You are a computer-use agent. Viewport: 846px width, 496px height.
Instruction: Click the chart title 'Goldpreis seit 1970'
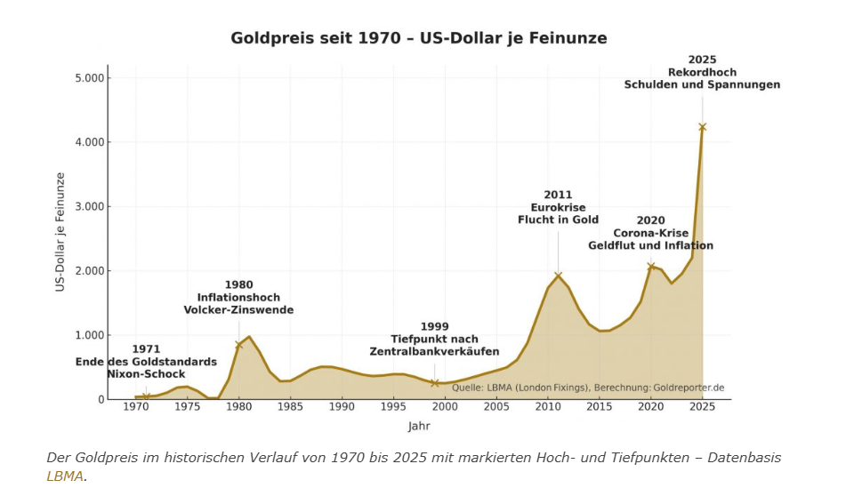click(419, 38)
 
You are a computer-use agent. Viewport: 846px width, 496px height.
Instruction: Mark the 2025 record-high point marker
click(702, 127)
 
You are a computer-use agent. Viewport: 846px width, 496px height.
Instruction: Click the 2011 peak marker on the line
click(558, 276)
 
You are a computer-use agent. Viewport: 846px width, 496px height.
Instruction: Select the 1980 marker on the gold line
click(238, 345)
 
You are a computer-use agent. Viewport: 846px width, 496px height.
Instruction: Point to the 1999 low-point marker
click(435, 383)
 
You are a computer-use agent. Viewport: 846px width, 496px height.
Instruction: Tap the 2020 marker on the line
click(651, 266)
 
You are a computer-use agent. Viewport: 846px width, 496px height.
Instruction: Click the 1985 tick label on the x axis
click(290, 407)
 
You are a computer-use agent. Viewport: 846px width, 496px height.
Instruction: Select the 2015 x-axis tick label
click(600, 407)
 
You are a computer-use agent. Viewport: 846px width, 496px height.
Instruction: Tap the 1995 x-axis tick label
click(393, 407)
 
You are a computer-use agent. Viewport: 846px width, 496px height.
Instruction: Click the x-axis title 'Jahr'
click(419, 426)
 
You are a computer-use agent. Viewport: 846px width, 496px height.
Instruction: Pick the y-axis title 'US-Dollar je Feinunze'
click(60, 232)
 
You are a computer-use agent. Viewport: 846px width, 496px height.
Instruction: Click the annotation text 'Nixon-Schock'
click(146, 374)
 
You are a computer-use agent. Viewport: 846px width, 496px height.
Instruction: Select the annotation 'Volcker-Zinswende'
click(238, 310)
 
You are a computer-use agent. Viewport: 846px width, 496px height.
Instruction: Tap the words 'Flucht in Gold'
click(558, 220)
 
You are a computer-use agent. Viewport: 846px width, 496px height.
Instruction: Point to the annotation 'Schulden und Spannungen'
click(702, 85)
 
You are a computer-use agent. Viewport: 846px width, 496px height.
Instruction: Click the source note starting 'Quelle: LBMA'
click(588, 388)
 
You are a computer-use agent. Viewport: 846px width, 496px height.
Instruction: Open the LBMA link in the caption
click(65, 476)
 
